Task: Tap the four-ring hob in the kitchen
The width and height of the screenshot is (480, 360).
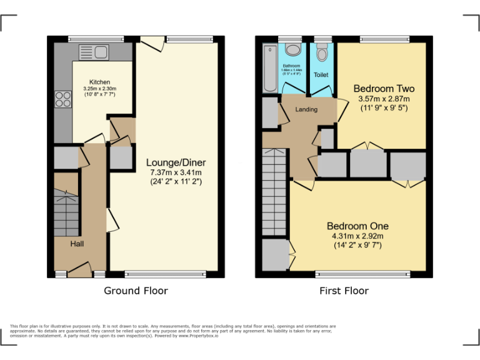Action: (64, 100)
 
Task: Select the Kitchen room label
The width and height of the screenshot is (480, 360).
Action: (99, 82)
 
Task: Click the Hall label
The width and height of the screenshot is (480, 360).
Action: (76, 244)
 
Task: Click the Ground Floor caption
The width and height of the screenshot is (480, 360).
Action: (136, 291)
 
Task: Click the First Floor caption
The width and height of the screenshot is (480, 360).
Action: (344, 291)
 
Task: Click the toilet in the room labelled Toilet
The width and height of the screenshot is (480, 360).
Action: (321, 53)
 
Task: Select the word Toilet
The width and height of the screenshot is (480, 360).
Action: (321, 75)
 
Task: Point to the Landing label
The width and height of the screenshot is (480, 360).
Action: (306, 109)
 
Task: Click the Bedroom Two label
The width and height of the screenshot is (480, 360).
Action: (384, 88)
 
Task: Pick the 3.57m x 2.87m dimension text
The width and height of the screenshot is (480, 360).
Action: (384, 99)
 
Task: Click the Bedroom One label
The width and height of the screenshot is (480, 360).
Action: (357, 226)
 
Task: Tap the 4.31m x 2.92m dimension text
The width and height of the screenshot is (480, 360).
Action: (357, 236)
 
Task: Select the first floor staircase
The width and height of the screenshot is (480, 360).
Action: (274, 194)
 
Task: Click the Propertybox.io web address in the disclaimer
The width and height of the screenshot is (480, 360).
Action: (199, 336)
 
